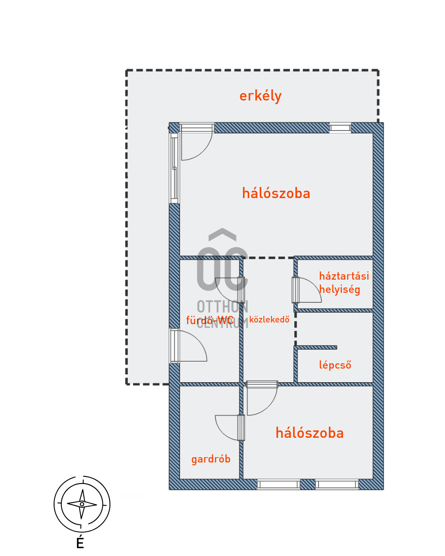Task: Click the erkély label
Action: tap(260, 96)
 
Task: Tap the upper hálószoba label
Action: tap(276, 193)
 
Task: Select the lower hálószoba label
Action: tap(309, 433)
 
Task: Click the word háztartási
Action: tap(344, 276)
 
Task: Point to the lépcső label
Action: tap(335, 365)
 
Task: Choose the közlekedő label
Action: tap(269, 320)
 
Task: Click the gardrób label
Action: tap(211, 459)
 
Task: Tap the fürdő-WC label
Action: tap(210, 320)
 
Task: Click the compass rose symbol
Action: tap(82, 504)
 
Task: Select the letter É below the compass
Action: tap(80, 543)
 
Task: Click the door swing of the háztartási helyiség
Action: tap(309, 290)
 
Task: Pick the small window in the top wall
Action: tap(340, 128)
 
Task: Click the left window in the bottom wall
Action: tap(279, 484)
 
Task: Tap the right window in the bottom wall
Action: tap(337, 484)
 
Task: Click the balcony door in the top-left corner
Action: tap(196, 142)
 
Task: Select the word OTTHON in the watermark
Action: tap(222, 307)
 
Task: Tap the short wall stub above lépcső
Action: tap(316, 348)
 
